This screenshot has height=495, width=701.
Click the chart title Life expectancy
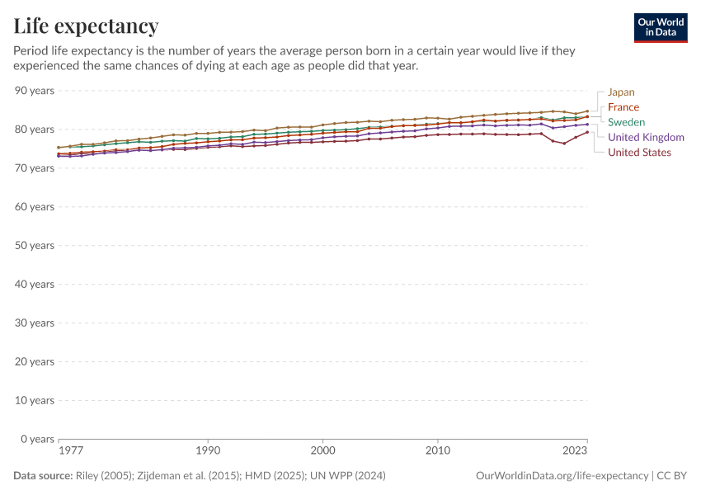click(x=86, y=26)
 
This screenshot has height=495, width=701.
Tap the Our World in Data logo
click(x=661, y=27)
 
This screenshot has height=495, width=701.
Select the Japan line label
click(x=621, y=92)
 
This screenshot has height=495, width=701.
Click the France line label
click(x=623, y=107)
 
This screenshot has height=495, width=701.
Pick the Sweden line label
click(x=626, y=122)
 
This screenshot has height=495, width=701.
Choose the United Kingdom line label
click(x=646, y=137)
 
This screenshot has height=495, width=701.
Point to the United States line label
click(x=639, y=152)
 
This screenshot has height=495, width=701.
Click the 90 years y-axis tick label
click(x=35, y=90)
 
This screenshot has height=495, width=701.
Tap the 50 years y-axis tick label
click(x=35, y=245)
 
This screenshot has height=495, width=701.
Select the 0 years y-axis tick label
click(x=38, y=439)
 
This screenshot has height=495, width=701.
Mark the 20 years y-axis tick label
click(x=35, y=361)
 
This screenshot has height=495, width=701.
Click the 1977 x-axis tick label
click(x=70, y=451)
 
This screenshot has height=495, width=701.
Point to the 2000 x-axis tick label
click(x=322, y=451)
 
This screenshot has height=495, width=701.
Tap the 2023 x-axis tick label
click(x=576, y=451)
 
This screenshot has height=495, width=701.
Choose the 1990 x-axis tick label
click(x=208, y=451)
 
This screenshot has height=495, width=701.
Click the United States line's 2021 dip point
click(x=564, y=144)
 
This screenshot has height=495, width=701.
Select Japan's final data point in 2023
click(x=586, y=111)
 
